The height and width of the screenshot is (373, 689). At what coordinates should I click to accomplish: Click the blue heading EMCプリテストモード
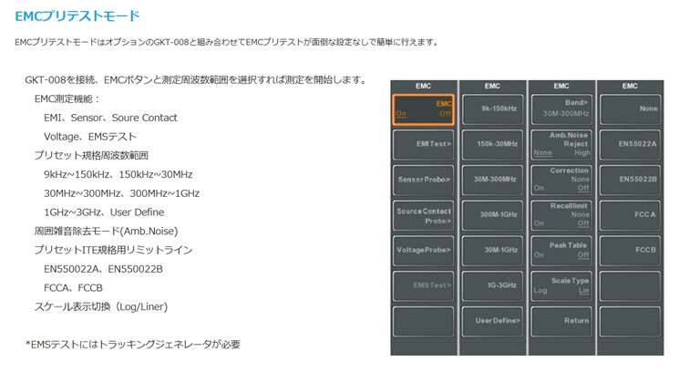(77, 16)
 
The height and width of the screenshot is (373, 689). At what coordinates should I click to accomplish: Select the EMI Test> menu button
(423, 144)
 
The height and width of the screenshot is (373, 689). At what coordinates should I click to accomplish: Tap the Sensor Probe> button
(423, 180)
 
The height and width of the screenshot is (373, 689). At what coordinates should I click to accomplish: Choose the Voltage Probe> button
(423, 250)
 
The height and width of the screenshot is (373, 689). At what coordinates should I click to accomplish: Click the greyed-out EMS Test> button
(423, 286)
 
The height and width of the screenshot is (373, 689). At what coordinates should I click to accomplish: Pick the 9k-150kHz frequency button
(492, 109)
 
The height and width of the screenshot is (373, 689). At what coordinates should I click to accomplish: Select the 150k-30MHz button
(492, 144)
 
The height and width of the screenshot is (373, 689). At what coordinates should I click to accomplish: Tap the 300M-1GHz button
(492, 215)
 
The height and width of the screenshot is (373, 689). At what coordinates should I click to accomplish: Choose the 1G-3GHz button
(492, 286)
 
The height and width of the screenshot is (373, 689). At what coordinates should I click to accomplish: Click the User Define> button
(492, 321)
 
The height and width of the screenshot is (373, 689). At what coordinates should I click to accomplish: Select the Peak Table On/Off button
(561, 250)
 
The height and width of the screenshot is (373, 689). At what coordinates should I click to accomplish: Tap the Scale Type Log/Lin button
(561, 286)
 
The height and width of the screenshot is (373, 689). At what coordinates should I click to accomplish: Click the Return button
(561, 321)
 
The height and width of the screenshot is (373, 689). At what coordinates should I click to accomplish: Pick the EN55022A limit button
(630, 144)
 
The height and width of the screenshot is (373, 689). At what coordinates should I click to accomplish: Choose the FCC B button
(630, 250)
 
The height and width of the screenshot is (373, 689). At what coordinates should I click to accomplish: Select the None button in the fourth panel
(630, 109)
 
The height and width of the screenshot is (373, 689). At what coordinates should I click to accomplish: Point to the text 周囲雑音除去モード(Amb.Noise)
(106, 232)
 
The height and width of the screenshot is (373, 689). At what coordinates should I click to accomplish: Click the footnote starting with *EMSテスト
(133, 345)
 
